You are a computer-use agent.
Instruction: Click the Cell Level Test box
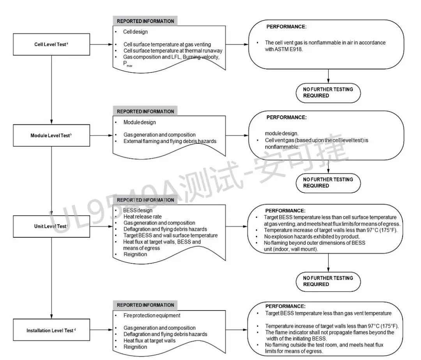point(51,44)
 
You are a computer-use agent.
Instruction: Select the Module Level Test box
point(51,136)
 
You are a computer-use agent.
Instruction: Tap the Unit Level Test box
point(51,226)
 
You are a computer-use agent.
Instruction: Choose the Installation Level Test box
point(51,330)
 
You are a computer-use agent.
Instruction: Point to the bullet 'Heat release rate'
point(142,217)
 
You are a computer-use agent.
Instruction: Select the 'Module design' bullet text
point(140,122)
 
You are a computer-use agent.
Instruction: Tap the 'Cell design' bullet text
point(136,32)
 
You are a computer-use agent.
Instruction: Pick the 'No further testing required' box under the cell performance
point(328,92)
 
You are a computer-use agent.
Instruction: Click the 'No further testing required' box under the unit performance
point(328,281)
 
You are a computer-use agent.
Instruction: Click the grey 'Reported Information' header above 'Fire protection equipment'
point(145,305)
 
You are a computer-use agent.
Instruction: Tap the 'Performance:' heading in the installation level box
point(285,306)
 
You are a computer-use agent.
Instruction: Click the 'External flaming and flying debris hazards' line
point(170,141)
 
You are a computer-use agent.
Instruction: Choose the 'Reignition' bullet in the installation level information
point(135,347)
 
